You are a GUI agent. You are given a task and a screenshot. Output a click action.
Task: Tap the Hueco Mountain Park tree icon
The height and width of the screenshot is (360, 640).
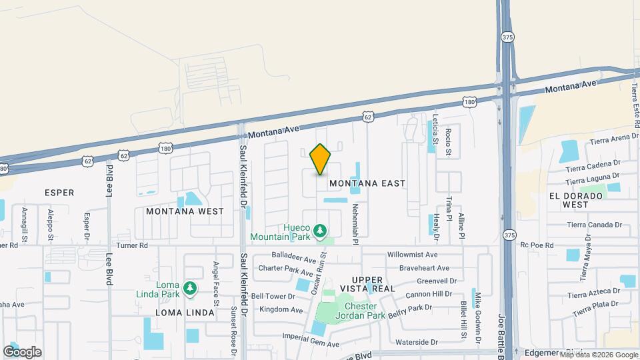[321, 231]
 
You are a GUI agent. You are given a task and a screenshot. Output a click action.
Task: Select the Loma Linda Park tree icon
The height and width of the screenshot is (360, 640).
[191, 287]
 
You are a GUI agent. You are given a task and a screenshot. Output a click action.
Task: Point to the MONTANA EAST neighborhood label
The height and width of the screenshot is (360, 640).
[367, 183]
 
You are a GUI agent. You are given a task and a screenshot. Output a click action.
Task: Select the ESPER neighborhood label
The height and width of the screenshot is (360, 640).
[59, 193]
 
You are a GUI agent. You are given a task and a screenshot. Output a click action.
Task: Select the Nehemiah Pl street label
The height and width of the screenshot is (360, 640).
[356, 224]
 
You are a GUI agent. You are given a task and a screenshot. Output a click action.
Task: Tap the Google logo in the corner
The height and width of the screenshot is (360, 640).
[22, 351]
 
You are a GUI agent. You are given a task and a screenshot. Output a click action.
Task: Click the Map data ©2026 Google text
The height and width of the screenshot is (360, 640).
[599, 355]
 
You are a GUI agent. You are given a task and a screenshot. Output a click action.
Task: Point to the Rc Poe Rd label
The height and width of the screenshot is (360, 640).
[537, 245]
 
